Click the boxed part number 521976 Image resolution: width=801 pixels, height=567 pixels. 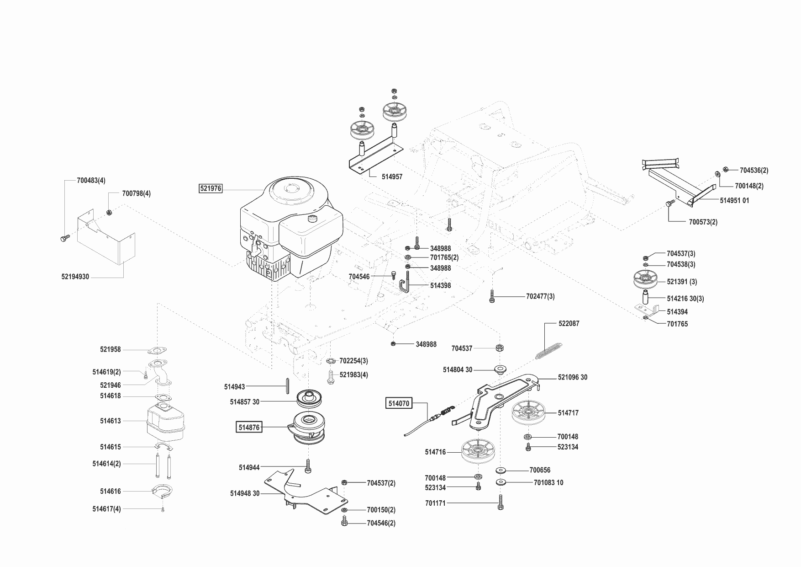click(211, 188)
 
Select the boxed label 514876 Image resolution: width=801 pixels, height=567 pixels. click(249, 428)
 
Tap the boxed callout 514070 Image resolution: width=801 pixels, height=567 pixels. click(399, 403)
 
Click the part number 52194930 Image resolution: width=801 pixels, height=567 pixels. click(75, 277)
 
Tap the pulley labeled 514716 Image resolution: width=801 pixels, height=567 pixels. click(477, 452)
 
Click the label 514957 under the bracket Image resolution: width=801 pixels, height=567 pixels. click(392, 177)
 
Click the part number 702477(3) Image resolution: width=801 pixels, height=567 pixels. click(540, 296)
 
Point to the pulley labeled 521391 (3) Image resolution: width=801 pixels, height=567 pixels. click(646, 280)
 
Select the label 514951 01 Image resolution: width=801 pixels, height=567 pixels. click(734, 200)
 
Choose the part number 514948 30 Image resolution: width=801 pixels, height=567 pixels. click(244, 493)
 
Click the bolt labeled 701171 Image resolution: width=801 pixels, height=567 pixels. click(501, 502)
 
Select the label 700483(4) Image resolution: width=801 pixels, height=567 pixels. click(91, 181)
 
